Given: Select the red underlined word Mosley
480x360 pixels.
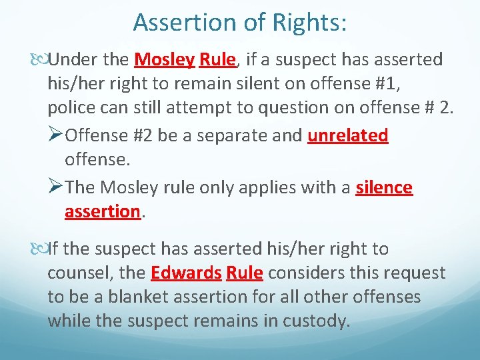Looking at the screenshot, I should (164, 60).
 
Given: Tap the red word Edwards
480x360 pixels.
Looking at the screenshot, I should (186, 273).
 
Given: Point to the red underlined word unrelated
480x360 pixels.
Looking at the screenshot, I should (347, 135).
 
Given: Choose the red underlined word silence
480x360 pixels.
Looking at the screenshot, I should (384, 187).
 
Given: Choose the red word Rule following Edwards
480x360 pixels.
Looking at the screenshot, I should (245, 273).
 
